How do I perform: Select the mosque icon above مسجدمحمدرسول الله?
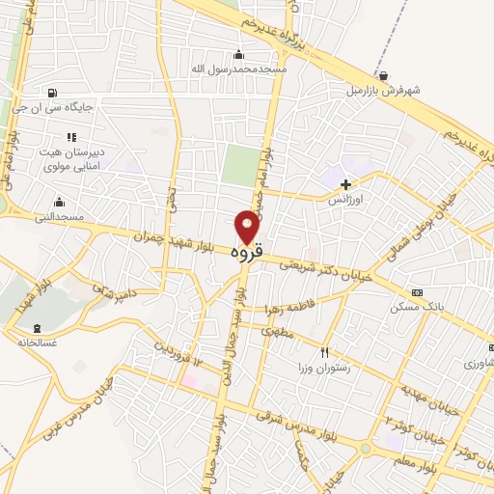coord(239,54)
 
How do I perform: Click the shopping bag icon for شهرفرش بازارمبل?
coord(384,75)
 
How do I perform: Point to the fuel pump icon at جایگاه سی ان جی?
coord(49,94)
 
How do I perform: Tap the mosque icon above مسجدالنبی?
coord(60,202)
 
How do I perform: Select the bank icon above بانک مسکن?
coord(417,292)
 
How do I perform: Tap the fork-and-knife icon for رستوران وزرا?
coord(325,352)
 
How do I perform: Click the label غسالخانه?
coord(37,342)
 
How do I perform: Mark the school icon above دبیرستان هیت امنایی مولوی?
coord(70,137)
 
